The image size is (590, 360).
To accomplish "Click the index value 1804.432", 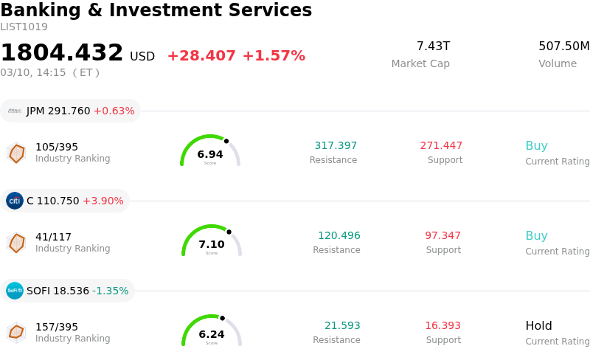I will tap(62, 53).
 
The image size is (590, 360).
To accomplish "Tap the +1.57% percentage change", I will tap(273, 56).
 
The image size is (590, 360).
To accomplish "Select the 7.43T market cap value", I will tap(433, 46).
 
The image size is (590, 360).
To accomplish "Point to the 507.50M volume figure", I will tap(563, 46).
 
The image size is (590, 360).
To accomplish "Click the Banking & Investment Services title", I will tap(156, 10).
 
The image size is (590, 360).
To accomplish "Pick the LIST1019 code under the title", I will tap(24, 27).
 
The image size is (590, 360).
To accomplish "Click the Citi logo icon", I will tap(15, 201).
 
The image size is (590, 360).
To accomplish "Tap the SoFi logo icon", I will tap(15, 291).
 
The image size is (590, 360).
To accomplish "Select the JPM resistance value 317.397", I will tap(336, 145).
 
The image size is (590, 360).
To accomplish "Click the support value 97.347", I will tap(442, 235).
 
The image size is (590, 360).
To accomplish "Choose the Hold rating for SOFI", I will tap(538, 325).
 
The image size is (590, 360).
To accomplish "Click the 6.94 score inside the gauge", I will tap(210, 154).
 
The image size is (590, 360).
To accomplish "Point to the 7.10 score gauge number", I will tap(212, 244).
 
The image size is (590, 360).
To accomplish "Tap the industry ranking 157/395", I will tap(57, 327).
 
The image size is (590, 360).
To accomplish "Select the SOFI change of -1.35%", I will tap(111, 291).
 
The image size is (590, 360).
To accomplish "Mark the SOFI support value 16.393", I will tap(442, 325).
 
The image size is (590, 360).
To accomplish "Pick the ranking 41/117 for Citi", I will tap(53, 237).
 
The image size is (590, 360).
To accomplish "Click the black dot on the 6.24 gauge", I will tap(222, 318).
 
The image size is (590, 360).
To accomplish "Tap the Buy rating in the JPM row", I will tap(536, 145).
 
